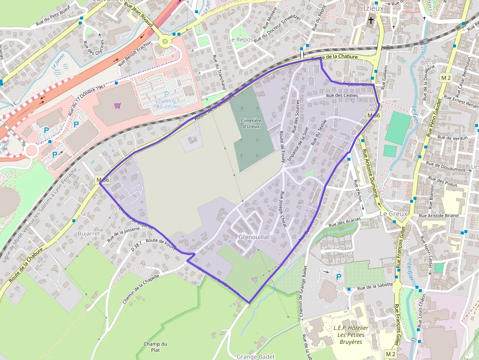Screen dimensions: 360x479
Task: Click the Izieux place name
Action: (x=373, y=8)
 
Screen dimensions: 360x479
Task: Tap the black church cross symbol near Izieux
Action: (x=371, y=21)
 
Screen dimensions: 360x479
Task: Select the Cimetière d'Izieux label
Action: (x=251, y=123)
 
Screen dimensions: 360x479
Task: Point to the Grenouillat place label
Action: (x=255, y=237)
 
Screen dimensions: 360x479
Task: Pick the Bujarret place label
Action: (x=89, y=233)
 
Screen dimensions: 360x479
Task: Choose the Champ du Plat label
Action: (x=155, y=347)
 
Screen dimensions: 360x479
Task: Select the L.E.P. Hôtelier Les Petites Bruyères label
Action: (x=350, y=335)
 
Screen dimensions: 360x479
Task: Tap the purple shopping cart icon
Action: (x=117, y=105)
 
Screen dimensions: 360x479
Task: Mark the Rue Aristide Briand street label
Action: (x=438, y=215)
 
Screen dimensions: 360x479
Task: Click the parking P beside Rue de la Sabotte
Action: (x=339, y=277)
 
